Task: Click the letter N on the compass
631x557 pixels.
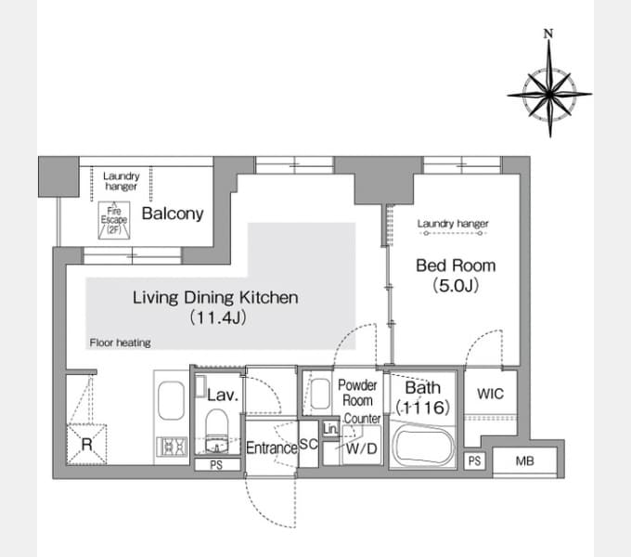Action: (x=548, y=33)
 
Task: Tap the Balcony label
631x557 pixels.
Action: (x=173, y=214)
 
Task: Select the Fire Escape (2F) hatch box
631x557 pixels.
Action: (x=114, y=220)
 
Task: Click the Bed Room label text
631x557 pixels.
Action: (x=456, y=266)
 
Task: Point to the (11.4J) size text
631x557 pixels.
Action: (x=218, y=317)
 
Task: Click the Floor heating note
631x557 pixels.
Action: (x=120, y=343)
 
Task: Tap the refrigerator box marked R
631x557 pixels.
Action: (x=86, y=445)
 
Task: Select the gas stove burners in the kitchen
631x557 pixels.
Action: (x=172, y=447)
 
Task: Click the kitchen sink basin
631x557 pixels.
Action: (x=171, y=400)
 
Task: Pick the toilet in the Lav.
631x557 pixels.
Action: (x=217, y=431)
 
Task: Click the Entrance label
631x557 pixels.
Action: (x=272, y=448)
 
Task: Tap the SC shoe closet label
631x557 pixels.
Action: (x=309, y=444)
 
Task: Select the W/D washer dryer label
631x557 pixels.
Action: (x=361, y=448)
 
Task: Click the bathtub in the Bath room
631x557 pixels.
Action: (x=423, y=447)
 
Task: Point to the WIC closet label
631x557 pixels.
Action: (x=490, y=394)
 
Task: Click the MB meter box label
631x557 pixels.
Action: (x=525, y=460)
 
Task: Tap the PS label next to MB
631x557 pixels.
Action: (x=474, y=460)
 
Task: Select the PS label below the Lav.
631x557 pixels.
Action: (x=216, y=465)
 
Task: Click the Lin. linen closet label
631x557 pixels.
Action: (x=330, y=429)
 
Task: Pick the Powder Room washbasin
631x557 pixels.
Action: (x=321, y=394)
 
